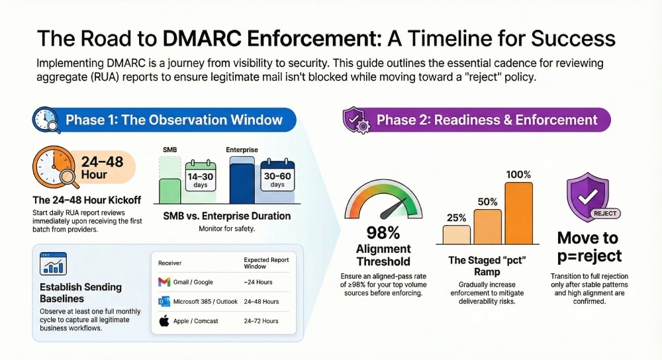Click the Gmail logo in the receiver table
tap(164, 282)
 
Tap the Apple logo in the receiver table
tap(164, 321)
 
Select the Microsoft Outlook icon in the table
tap(164, 301)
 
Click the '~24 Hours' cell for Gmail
tap(258, 282)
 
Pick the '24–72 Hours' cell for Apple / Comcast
tap(261, 321)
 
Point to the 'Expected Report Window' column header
tap(266, 263)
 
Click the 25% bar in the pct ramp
tap(456, 235)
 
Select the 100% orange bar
tap(518, 213)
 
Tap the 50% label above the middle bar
tap(488, 202)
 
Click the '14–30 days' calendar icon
tap(201, 176)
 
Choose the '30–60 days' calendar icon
tap(277, 175)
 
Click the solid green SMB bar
tap(169, 191)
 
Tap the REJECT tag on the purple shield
tap(605, 214)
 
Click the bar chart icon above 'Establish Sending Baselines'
tap(53, 264)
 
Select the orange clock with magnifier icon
tap(55, 167)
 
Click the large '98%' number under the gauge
tap(383, 232)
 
